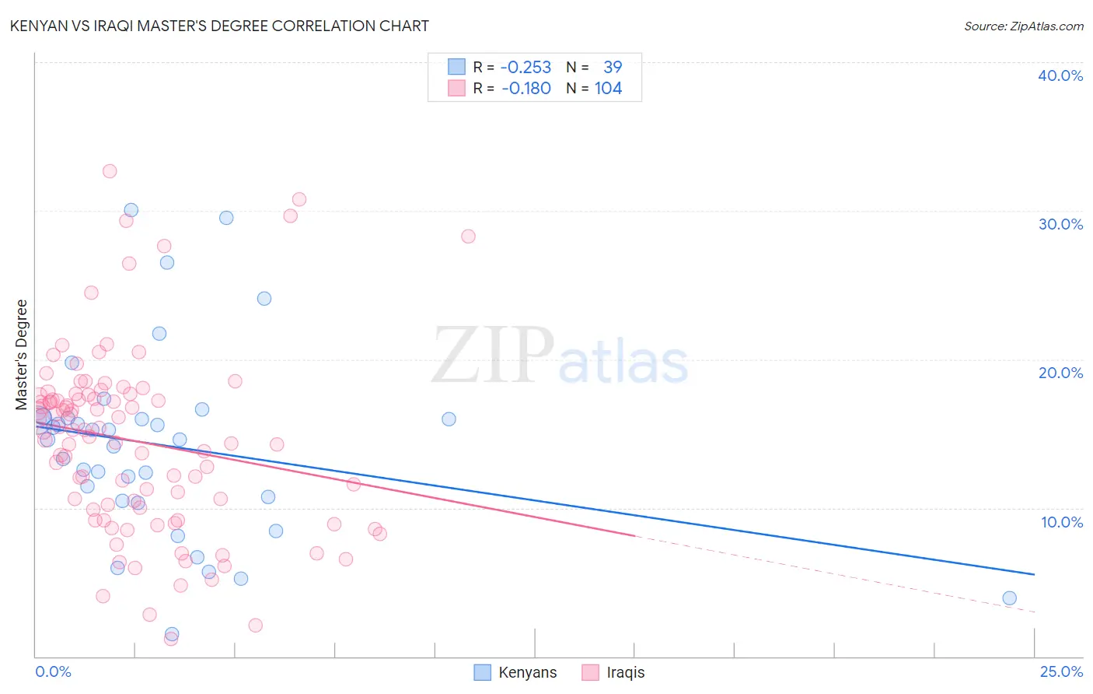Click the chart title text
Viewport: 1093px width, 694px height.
(x=219, y=26)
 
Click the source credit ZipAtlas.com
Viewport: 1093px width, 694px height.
(x=1023, y=26)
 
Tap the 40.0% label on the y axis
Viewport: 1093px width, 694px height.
(x=1060, y=75)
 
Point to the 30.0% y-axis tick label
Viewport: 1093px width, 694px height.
(x=1060, y=224)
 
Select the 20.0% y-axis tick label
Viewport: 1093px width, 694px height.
(x=1060, y=373)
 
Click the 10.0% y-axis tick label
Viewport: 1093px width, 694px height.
(x=1061, y=522)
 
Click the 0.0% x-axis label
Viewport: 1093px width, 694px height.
(x=53, y=671)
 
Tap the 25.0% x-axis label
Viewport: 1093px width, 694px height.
(x=1060, y=671)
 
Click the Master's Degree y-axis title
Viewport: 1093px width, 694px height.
(x=22, y=355)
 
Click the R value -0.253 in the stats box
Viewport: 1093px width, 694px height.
(x=526, y=68)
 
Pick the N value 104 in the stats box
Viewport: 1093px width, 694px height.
(x=608, y=89)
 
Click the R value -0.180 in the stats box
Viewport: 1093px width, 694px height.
(x=526, y=89)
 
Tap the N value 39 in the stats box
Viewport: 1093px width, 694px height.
(x=613, y=68)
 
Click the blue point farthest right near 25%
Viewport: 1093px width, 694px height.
(x=1009, y=598)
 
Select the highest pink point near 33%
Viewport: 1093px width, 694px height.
(x=110, y=171)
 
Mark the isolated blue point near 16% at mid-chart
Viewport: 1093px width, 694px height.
(x=449, y=419)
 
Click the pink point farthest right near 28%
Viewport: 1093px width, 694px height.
(x=468, y=237)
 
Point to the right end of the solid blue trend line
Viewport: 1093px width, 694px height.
(x=1034, y=574)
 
